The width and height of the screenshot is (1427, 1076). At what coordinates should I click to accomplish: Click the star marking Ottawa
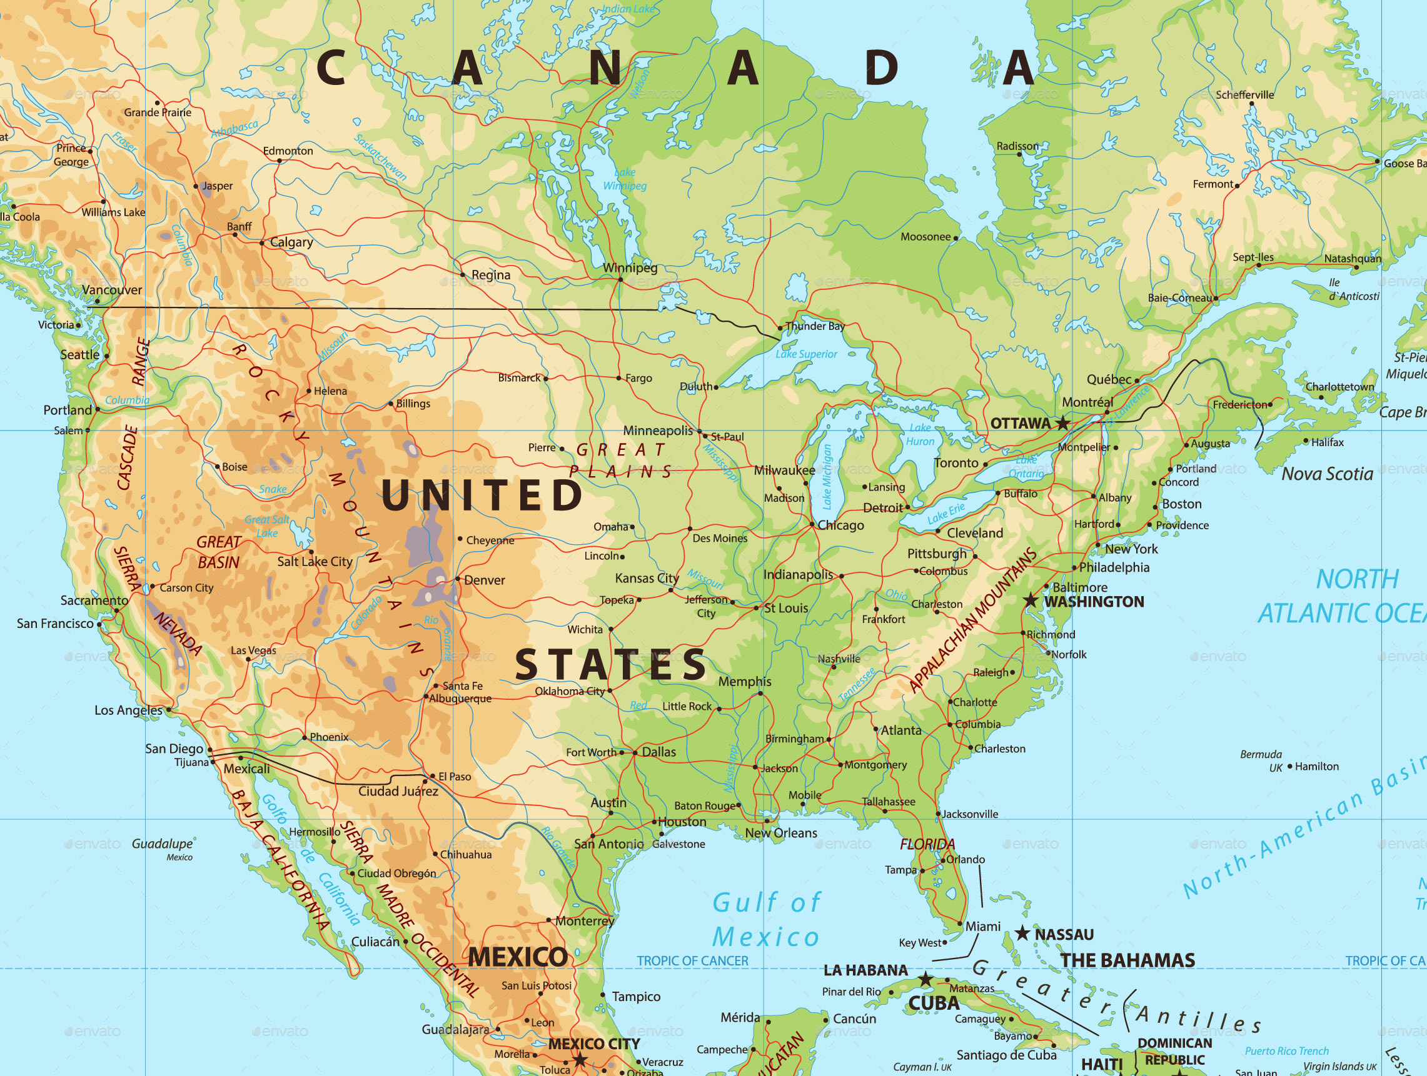click(x=1062, y=424)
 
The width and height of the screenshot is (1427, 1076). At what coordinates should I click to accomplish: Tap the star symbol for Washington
click(x=1031, y=601)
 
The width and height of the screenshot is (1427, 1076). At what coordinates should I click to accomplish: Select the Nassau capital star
click(x=1022, y=934)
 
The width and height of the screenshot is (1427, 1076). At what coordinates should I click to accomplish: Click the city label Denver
click(x=485, y=580)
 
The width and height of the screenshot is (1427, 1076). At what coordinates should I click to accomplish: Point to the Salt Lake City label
click(x=315, y=562)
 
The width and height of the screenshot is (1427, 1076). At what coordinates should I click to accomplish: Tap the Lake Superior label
click(x=807, y=354)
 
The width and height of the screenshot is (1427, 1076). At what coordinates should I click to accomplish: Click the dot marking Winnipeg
click(x=620, y=279)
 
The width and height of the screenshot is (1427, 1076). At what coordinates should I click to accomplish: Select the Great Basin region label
click(x=219, y=552)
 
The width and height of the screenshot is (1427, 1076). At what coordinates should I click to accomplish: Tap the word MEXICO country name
click(x=518, y=957)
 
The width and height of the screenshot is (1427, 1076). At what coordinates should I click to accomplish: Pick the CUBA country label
click(x=934, y=1003)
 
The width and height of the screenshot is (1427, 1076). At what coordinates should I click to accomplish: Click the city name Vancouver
click(x=113, y=290)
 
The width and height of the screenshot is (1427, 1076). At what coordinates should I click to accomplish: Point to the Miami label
click(x=982, y=927)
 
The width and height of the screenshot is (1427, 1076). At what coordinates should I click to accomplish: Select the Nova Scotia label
click(x=1327, y=474)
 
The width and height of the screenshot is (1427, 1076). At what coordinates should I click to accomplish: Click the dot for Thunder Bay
click(x=780, y=328)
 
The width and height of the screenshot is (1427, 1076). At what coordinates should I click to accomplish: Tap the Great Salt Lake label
click(x=267, y=526)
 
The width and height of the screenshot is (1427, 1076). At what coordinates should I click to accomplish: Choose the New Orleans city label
click(x=780, y=833)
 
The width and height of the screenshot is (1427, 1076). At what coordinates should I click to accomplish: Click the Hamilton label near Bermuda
click(x=1317, y=767)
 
